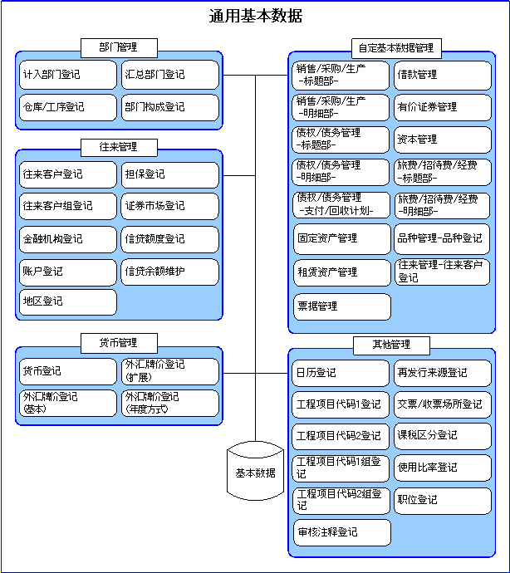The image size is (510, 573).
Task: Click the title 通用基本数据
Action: point(255,16)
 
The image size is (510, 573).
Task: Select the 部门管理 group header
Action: point(119,48)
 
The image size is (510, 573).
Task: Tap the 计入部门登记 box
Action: point(68,75)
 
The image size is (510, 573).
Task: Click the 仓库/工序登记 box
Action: point(68,107)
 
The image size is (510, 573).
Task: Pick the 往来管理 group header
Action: point(119,148)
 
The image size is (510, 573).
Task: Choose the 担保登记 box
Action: point(170,174)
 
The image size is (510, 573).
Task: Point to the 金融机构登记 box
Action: point(68,239)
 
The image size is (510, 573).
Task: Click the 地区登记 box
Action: point(68,302)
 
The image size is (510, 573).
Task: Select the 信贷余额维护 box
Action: point(170,272)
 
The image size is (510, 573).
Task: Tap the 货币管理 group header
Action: point(119,343)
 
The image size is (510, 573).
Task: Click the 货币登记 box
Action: point(68,371)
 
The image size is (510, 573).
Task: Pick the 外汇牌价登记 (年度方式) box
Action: point(170,403)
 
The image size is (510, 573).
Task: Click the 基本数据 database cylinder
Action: point(255,471)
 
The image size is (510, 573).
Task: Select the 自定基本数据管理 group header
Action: point(396,48)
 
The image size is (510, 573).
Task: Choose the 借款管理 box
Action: point(443,76)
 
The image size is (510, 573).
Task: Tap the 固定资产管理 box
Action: point(342,239)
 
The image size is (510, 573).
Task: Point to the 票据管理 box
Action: point(342,306)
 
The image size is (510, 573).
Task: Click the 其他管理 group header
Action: point(391,345)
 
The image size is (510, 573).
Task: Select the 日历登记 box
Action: point(341,373)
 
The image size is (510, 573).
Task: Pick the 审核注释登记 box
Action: point(342,532)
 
